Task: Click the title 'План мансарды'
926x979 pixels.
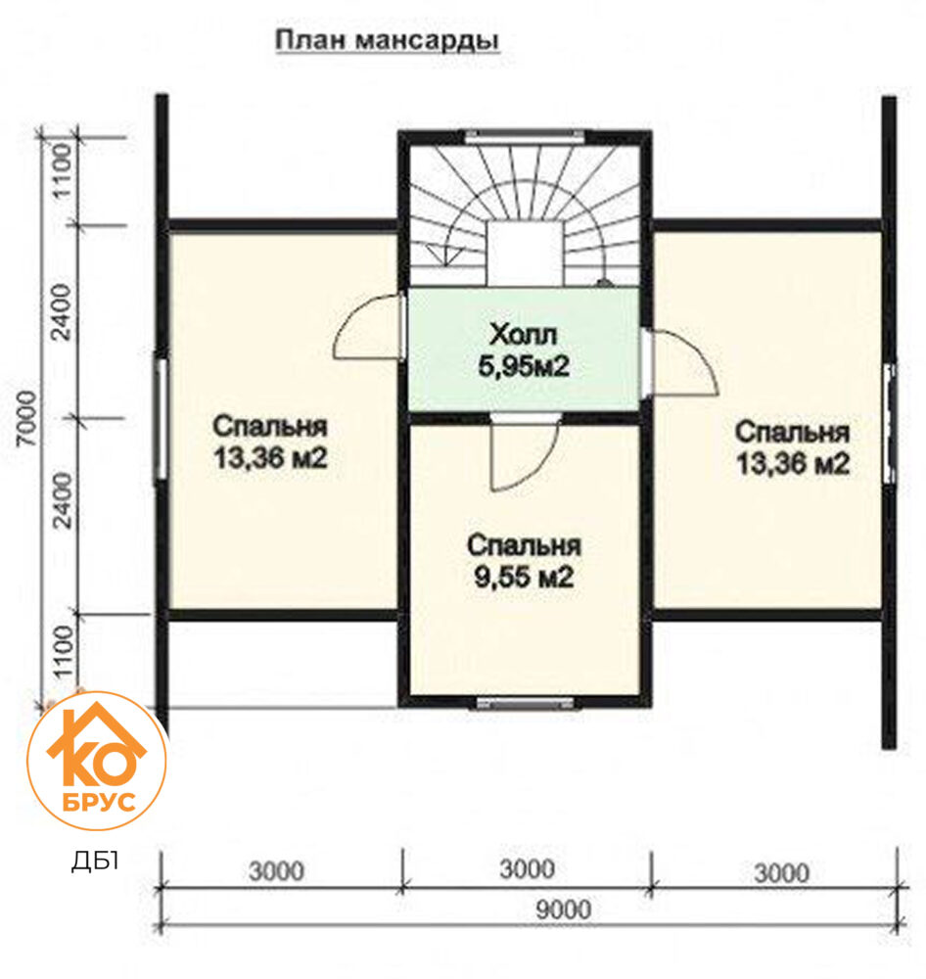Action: [x=387, y=40]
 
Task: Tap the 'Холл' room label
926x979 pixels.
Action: [x=524, y=335]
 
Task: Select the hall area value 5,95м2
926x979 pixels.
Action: [x=524, y=366]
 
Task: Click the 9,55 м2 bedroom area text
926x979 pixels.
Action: [x=524, y=577]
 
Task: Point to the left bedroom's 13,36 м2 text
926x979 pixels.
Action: [x=270, y=458]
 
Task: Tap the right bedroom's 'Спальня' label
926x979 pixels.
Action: [x=792, y=432]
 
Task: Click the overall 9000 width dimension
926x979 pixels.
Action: [x=563, y=909]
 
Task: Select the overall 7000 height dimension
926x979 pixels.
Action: [x=26, y=418]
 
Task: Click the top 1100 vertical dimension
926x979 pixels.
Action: [x=63, y=170]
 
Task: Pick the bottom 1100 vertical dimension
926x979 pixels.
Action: [x=63, y=652]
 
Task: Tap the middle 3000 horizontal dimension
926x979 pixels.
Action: [x=527, y=869]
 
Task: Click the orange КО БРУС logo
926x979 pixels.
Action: [x=97, y=761]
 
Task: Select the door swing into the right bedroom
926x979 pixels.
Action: [x=682, y=362]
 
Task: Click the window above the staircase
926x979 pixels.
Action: [x=525, y=135]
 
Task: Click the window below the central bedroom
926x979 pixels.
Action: [x=525, y=703]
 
